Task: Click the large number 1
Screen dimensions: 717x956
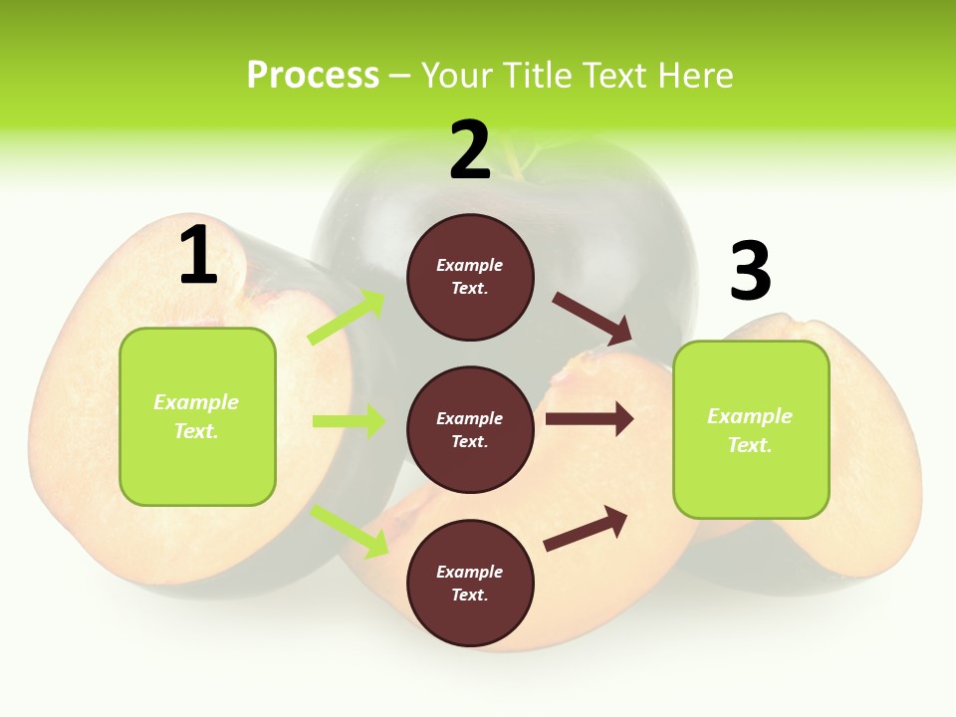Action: [198, 255]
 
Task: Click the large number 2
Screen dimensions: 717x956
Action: [470, 150]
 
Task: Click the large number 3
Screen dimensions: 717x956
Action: [751, 271]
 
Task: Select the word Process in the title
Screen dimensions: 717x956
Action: [313, 75]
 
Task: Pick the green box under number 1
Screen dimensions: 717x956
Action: [197, 416]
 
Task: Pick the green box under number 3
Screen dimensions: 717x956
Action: [751, 429]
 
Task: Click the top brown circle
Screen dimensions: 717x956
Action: [470, 277]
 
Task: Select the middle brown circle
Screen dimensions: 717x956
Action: [470, 429]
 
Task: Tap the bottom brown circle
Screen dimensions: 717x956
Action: [470, 583]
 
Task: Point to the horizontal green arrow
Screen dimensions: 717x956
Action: [349, 421]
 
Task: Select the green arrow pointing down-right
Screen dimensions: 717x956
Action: [350, 531]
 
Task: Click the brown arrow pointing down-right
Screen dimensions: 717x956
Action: [593, 318]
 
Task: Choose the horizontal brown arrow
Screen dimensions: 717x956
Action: [590, 419]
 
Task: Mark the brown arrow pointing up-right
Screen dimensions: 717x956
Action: [586, 528]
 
